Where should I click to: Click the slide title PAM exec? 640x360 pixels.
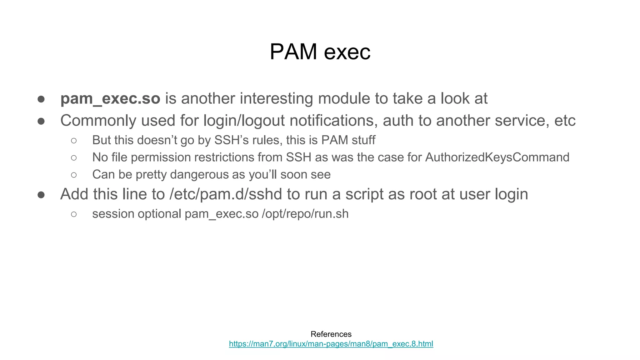[x=320, y=52]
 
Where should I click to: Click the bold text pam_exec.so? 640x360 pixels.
[x=110, y=99]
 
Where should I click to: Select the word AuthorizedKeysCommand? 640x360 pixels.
[x=497, y=157]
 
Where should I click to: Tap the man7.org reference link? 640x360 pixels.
[x=331, y=344]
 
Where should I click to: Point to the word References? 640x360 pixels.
[x=331, y=334]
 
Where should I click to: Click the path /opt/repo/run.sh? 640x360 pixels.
[x=305, y=214]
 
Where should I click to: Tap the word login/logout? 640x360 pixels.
[x=244, y=121]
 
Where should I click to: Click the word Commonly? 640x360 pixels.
[x=98, y=121]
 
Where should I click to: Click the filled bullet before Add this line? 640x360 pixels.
[x=41, y=195]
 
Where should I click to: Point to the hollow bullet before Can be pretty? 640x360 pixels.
[x=74, y=175]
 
